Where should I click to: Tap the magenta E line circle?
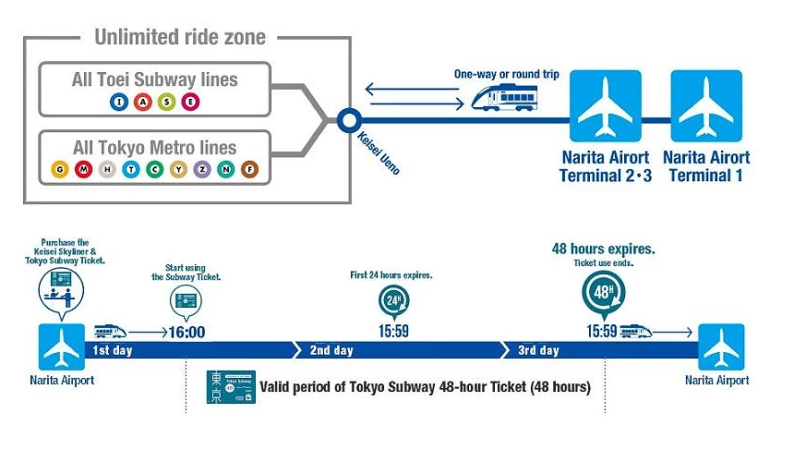pyautogui.click(x=190, y=101)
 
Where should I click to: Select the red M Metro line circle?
pyautogui.click(x=84, y=169)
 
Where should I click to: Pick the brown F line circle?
pyautogui.click(x=248, y=169)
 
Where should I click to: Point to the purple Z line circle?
pyautogui.click(x=201, y=169)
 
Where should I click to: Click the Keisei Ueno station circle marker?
pyautogui.click(x=348, y=119)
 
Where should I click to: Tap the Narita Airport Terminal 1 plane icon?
pyautogui.click(x=706, y=105)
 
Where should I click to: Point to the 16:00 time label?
pyautogui.click(x=186, y=331)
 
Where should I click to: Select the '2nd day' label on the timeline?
pyautogui.click(x=331, y=351)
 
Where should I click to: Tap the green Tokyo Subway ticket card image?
pyautogui.click(x=231, y=387)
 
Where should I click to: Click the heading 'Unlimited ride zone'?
pyautogui.click(x=179, y=38)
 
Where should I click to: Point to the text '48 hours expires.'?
pyautogui.click(x=603, y=249)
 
